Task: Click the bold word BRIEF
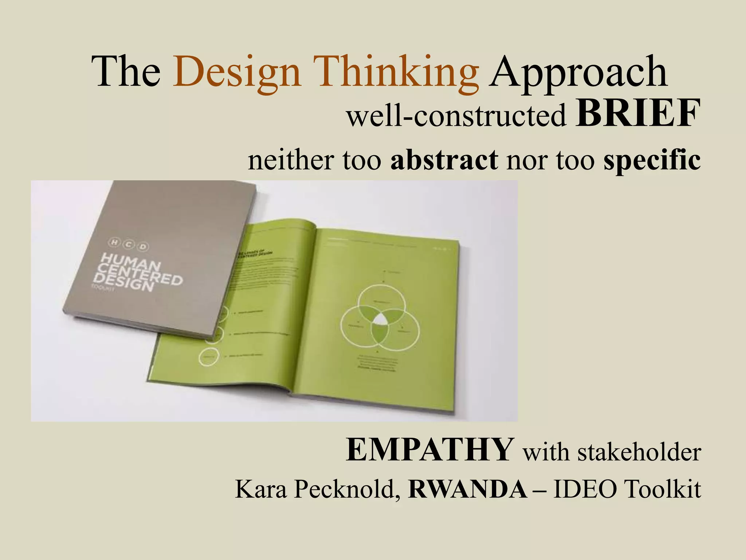(x=638, y=114)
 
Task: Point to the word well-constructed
(x=457, y=116)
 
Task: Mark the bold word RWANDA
(x=468, y=489)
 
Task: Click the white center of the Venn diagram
(x=381, y=319)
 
